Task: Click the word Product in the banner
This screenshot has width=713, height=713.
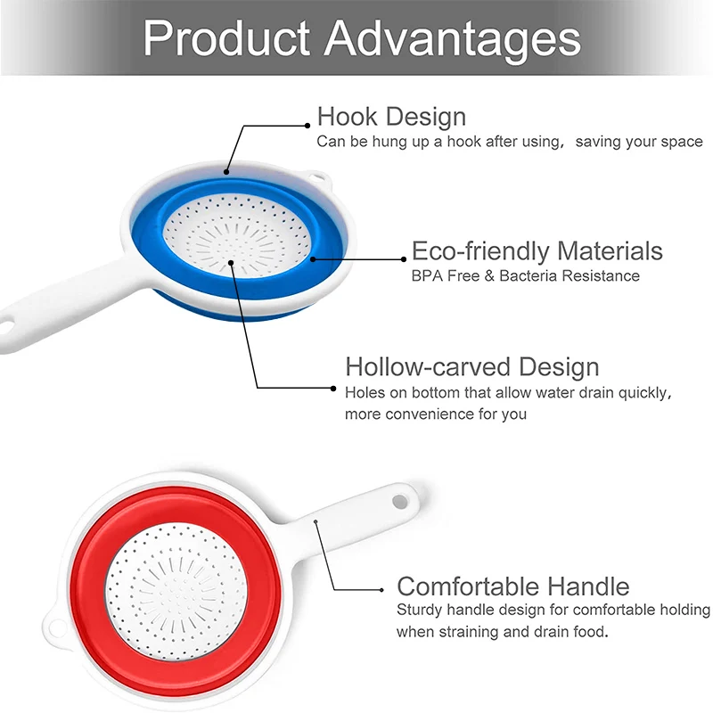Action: (x=226, y=37)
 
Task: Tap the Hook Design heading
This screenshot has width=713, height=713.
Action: (x=391, y=117)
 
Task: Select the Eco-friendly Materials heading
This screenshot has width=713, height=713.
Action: (x=537, y=250)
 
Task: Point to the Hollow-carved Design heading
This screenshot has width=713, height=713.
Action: (x=472, y=366)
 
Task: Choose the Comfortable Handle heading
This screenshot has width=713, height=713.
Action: (x=513, y=586)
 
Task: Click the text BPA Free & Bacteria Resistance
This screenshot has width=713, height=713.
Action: (x=525, y=275)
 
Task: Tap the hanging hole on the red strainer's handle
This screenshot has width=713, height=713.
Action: (x=400, y=502)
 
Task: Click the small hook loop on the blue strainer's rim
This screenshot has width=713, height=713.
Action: (x=320, y=179)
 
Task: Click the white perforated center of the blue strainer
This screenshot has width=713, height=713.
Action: (x=236, y=235)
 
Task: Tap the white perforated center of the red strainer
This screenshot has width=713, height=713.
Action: (x=176, y=591)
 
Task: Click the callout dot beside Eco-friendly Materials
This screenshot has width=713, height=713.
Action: (x=404, y=259)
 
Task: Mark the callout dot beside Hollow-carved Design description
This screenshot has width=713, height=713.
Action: (x=333, y=389)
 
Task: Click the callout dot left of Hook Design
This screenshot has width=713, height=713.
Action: (x=307, y=126)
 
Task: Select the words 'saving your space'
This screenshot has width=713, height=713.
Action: (x=639, y=142)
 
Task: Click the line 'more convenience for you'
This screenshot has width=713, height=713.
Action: (x=436, y=414)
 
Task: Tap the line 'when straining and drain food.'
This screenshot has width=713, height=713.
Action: (x=503, y=632)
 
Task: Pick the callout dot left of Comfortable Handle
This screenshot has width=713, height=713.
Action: (x=382, y=590)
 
